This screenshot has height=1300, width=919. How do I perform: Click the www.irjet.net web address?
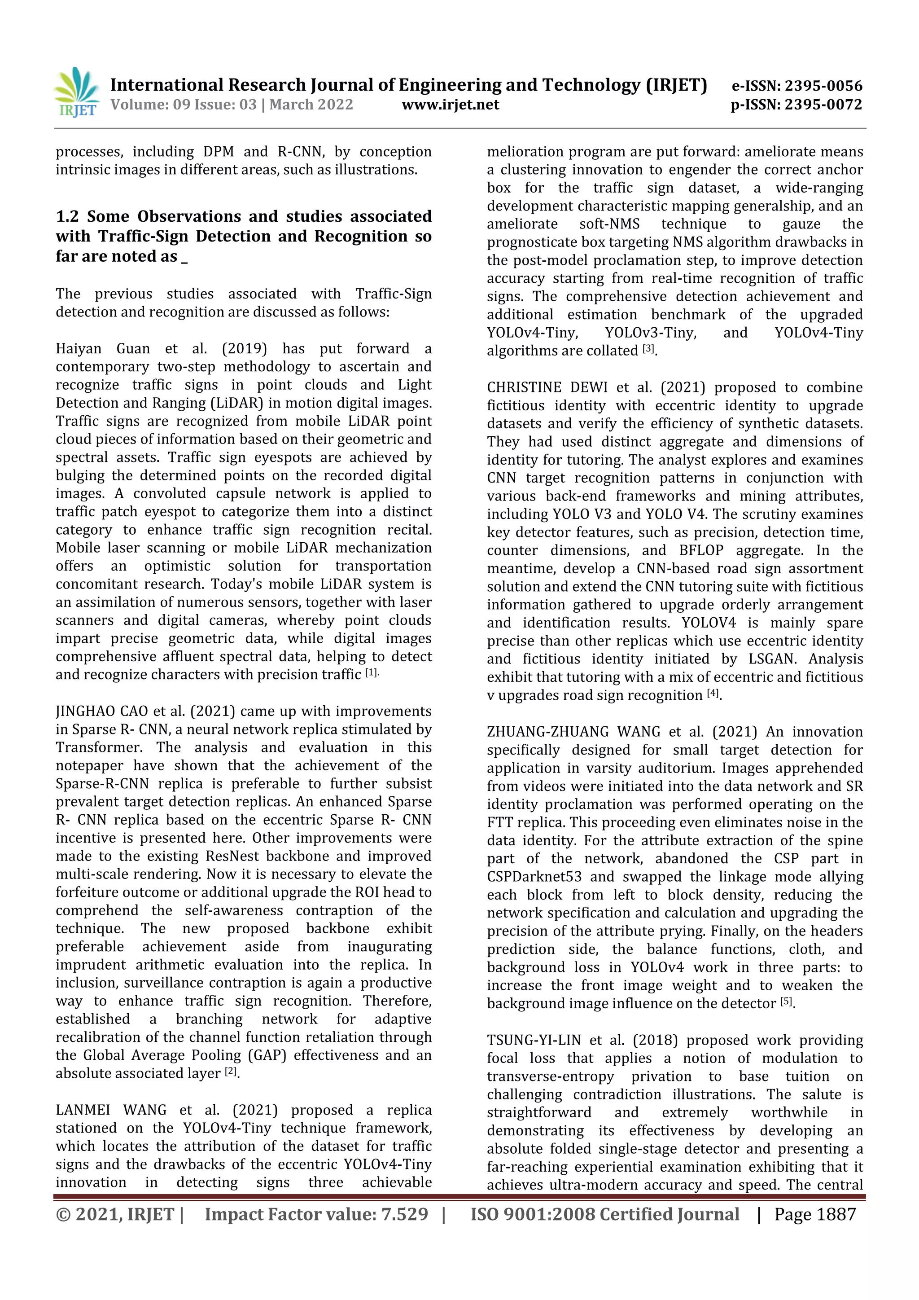click(451, 105)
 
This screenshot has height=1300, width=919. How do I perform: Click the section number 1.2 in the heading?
click(67, 217)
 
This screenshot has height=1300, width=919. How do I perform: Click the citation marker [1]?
click(371, 672)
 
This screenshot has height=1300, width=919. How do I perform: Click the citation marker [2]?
click(230, 1071)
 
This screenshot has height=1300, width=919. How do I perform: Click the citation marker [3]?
click(648, 349)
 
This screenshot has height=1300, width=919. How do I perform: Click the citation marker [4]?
click(713, 693)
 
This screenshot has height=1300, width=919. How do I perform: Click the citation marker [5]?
click(786, 1001)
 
